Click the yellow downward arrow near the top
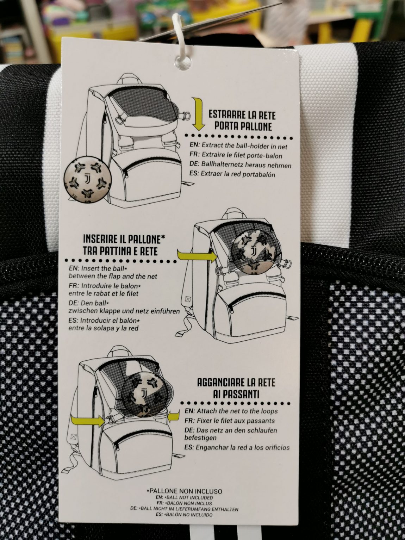[x=198, y=113]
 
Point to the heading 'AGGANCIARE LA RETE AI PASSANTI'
[x=236, y=388]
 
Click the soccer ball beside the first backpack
[x=88, y=182]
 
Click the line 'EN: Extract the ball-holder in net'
[x=238, y=145]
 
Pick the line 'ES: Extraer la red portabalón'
[x=232, y=174]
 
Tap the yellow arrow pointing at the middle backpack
[x=197, y=256]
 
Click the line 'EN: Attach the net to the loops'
[x=231, y=411]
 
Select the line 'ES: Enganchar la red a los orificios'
[x=237, y=447]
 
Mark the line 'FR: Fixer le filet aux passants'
[x=230, y=421]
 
